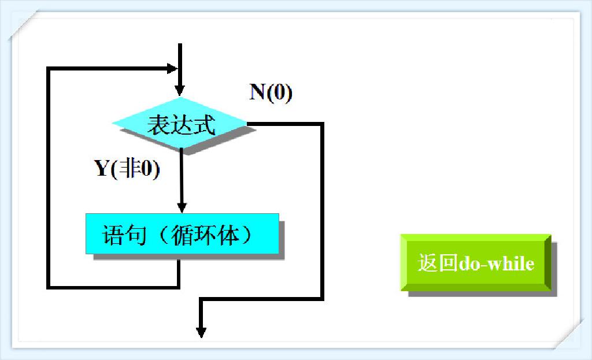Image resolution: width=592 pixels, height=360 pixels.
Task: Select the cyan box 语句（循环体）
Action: [182, 233]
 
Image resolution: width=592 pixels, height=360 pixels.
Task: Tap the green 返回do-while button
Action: [475, 263]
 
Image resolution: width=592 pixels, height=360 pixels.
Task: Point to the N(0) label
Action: [271, 92]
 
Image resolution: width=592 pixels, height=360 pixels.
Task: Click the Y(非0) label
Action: [127, 169]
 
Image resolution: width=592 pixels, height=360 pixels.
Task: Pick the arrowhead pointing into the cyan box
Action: [182, 207]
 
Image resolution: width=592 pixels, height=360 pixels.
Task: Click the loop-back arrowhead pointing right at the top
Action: [171, 68]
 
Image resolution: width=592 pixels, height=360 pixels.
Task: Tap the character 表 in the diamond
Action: [157, 125]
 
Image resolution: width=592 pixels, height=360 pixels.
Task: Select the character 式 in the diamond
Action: [205, 125]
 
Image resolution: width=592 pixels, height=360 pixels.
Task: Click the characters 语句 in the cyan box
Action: [120, 235]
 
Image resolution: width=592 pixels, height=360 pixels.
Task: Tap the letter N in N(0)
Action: [257, 92]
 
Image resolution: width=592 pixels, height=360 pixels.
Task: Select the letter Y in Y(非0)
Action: [102, 169]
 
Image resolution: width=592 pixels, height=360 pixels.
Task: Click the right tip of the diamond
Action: [246, 123]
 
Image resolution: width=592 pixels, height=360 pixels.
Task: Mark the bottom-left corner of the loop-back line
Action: [49, 286]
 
